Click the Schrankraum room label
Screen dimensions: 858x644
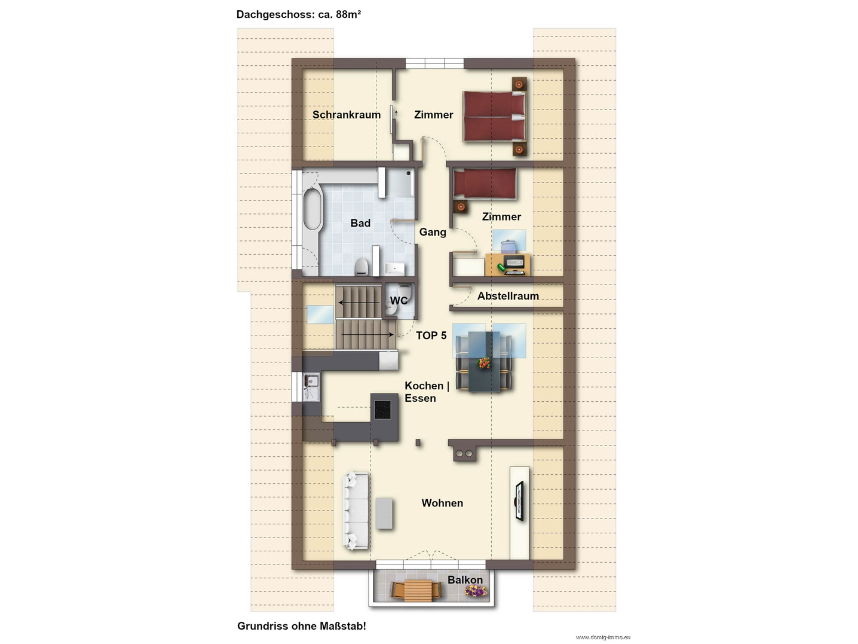pyautogui.click(x=347, y=115)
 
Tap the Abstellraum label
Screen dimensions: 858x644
pyautogui.click(x=508, y=296)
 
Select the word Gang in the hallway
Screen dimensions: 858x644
pyautogui.click(x=433, y=232)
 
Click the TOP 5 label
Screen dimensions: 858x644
pyautogui.click(x=431, y=335)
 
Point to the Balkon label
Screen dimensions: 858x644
pyautogui.click(x=465, y=580)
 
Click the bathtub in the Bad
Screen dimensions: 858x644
pyautogui.click(x=312, y=209)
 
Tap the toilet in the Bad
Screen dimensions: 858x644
pyautogui.click(x=361, y=267)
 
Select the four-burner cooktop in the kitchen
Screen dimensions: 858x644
pyautogui.click(x=382, y=410)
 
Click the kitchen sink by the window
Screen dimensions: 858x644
pyautogui.click(x=311, y=387)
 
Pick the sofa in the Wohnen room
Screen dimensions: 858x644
pyautogui.click(x=356, y=511)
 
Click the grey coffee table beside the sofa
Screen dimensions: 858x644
pyautogui.click(x=384, y=514)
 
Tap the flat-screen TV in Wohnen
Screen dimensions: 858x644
pyautogui.click(x=519, y=501)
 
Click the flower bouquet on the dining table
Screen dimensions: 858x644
pyautogui.click(x=484, y=363)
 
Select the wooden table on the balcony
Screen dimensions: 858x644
pyautogui.click(x=418, y=590)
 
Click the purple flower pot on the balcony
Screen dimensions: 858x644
pyautogui.click(x=476, y=591)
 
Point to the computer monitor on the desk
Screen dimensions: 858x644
pyautogui.click(x=513, y=261)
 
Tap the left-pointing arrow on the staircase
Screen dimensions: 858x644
pyautogui.click(x=359, y=302)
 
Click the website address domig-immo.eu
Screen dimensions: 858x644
pyautogui.click(x=603, y=637)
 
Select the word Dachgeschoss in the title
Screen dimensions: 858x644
pyautogui.click(x=274, y=14)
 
